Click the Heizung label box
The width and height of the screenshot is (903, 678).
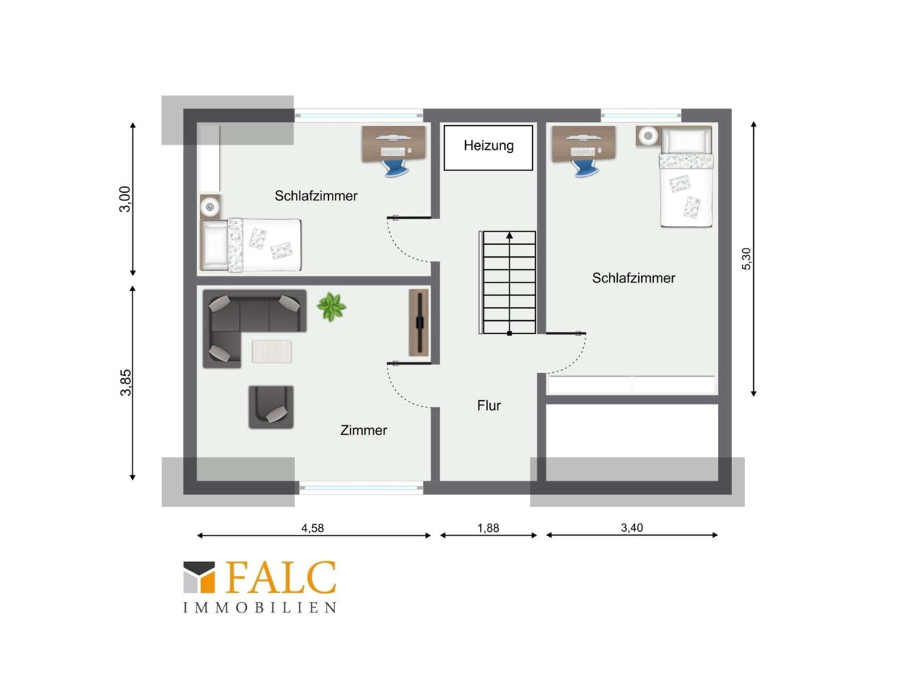488,148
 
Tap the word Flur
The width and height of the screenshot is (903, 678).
488,405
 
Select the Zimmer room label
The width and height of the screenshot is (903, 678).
363,430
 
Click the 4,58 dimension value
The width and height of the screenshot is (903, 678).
312,528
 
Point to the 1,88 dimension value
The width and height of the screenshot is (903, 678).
488,528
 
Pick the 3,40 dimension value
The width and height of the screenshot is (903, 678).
631,527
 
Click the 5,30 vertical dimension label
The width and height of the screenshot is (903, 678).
746,258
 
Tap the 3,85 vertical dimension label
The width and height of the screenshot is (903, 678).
126,383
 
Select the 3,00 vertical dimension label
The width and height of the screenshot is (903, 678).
125,199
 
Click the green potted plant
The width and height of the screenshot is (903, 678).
331,307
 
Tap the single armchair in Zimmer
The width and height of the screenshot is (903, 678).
271,407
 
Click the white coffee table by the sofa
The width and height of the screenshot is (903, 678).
272,352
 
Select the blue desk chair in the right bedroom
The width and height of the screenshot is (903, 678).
584,168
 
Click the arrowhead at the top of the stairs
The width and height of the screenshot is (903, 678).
509,236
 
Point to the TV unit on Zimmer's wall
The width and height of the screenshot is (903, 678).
419,322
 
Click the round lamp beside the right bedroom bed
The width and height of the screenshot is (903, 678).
649,136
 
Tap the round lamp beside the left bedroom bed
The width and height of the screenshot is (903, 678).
210,206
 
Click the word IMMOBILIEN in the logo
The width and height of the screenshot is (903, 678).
260,608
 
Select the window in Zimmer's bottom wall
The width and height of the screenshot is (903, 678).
360,488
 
